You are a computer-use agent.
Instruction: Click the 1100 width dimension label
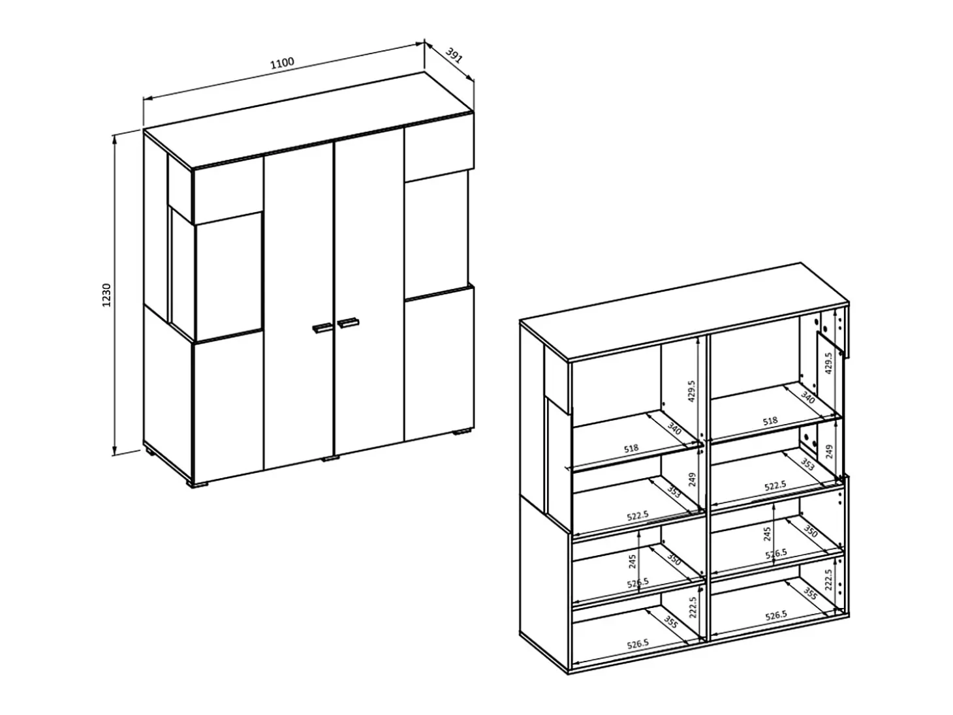click(x=282, y=63)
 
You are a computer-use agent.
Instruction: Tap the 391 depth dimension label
click(x=454, y=55)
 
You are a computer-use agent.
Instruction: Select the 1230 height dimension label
click(x=106, y=295)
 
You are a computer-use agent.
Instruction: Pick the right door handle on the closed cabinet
click(x=348, y=322)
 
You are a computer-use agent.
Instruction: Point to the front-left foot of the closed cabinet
click(x=198, y=484)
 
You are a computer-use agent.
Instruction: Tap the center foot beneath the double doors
click(x=330, y=458)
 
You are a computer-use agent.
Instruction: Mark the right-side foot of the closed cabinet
click(x=462, y=432)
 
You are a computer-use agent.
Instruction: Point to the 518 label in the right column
click(x=770, y=420)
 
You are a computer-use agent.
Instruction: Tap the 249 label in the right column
click(x=829, y=452)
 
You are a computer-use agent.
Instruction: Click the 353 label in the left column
click(x=674, y=492)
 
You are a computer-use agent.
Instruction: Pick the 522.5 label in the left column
click(x=638, y=515)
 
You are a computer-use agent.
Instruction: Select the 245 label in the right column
click(x=767, y=534)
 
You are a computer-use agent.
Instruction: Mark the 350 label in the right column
click(x=810, y=531)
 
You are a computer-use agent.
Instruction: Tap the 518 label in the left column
click(x=631, y=448)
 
